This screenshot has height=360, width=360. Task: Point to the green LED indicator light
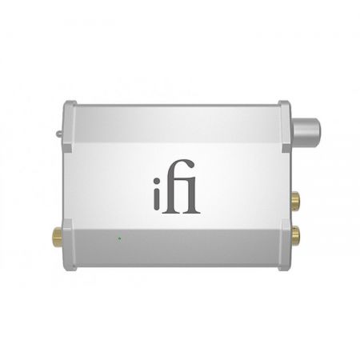pos(118,237)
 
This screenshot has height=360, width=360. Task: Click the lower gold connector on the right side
pos(298,233)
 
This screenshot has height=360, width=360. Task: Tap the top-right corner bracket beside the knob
pos(286,113)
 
